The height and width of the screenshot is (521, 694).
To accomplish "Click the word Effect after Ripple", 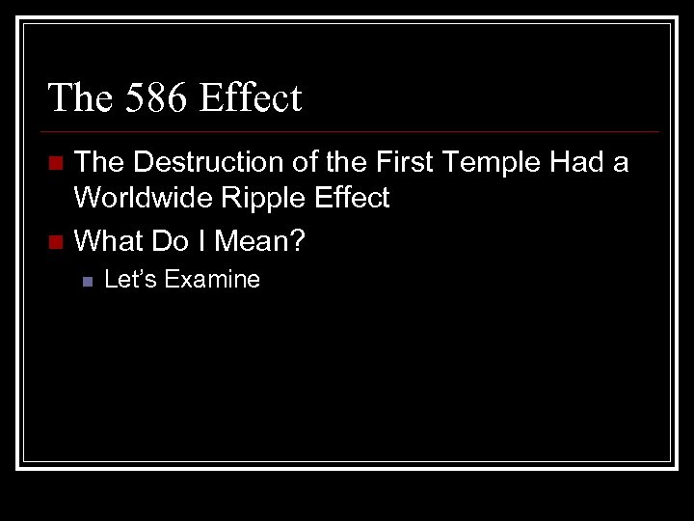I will pos(352,199).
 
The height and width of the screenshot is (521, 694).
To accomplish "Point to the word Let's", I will pos(130,280).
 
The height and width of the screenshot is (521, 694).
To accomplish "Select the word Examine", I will pos(212,280).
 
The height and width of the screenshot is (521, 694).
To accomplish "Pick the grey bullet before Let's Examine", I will pos(87,282).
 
